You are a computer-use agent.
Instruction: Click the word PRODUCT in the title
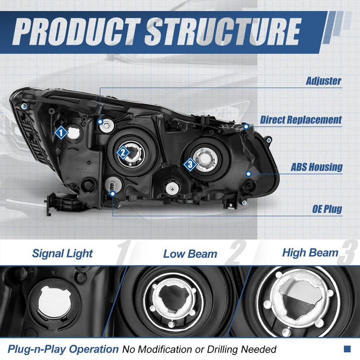point(77,31)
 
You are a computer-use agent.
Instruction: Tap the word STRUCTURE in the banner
point(223,31)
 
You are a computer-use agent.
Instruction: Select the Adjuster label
point(323,81)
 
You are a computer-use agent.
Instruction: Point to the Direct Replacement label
point(301,120)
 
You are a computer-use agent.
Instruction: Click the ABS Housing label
point(317,167)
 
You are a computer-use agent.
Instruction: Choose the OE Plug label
point(327,209)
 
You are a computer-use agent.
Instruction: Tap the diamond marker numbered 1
point(61,132)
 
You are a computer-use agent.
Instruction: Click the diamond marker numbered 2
point(123,152)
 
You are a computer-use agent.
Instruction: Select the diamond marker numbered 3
point(190,165)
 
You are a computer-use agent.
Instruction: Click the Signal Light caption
point(62,254)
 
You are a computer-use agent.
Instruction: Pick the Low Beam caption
point(190,254)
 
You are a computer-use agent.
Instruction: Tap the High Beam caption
point(310,253)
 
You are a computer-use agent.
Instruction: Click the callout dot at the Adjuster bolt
point(100,122)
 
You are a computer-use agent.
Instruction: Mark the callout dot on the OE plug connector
point(112,194)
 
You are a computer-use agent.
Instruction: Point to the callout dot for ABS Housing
point(248,174)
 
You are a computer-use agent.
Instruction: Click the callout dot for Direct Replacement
point(246,127)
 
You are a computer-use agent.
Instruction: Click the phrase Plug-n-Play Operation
point(63,349)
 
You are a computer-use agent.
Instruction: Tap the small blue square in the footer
point(347,349)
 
